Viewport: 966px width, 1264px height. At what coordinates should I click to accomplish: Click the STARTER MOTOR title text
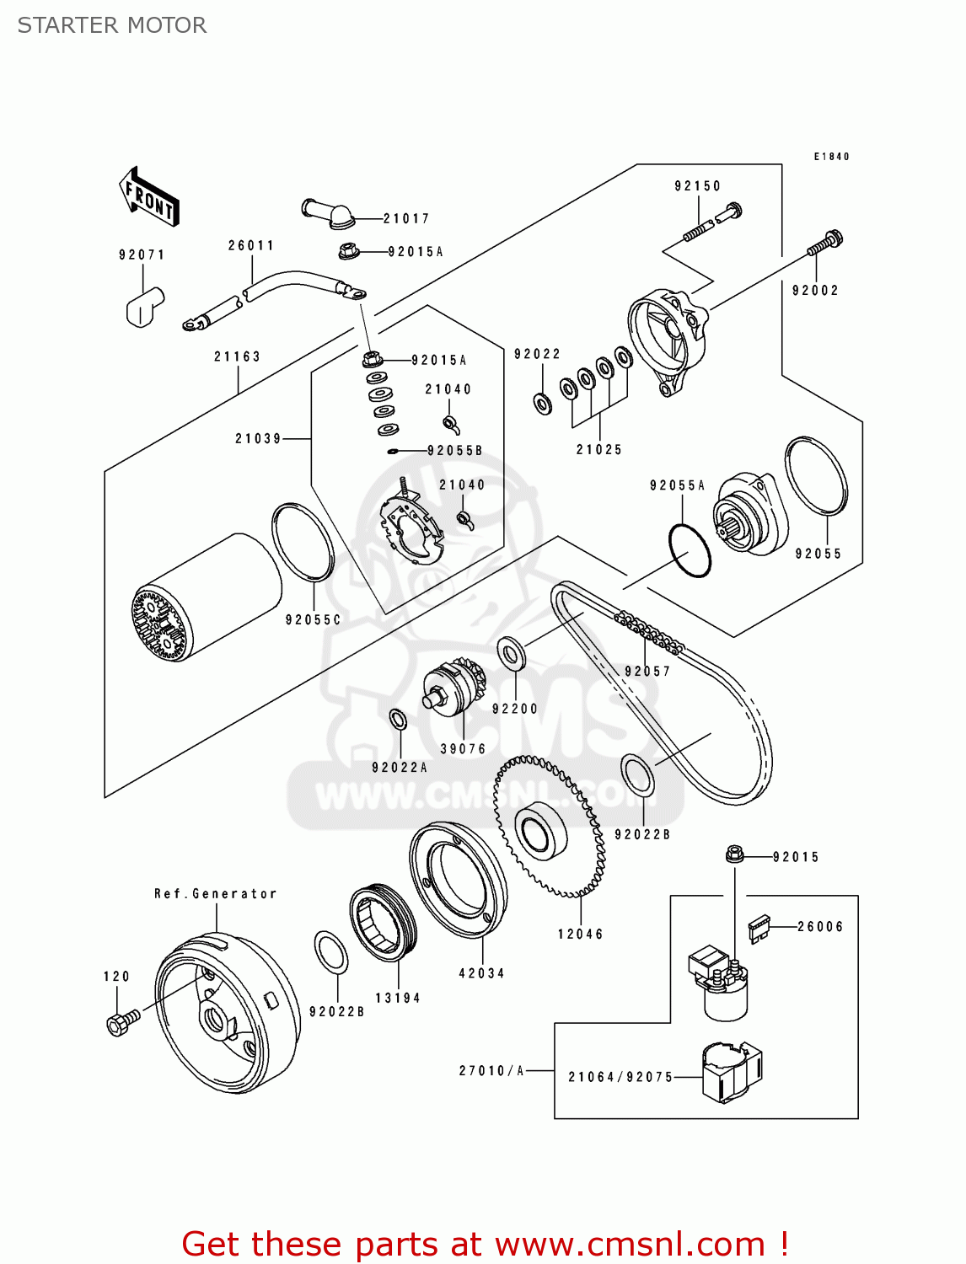(x=112, y=25)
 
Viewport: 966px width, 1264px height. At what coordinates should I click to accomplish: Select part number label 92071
(x=142, y=254)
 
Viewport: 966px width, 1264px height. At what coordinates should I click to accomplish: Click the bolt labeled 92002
(x=825, y=244)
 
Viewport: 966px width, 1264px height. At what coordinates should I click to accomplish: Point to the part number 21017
(x=406, y=218)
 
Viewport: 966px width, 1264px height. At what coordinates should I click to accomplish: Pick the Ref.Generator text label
(x=215, y=893)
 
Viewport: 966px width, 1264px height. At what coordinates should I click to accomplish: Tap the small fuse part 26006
(x=759, y=928)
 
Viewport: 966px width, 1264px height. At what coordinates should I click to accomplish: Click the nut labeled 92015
(x=734, y=855)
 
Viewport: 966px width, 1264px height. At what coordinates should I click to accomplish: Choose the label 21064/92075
(x=620, y=1077)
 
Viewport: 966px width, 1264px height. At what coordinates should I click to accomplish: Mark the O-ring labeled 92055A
(x=690, y=550)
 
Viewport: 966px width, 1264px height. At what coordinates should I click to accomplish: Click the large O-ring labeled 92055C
(x=303, y=542)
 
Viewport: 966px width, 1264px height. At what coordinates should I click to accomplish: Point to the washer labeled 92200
(x=512, y=653)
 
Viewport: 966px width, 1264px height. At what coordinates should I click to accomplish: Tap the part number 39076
(x=463, y=748)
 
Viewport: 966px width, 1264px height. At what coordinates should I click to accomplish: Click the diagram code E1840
(x=831, y=157)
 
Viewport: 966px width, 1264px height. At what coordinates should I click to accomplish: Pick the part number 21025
(x=599, y=449)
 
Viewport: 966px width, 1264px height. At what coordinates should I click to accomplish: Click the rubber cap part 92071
(x=144, y=306)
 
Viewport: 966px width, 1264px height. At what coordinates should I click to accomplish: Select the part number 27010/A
(x=491, y=1070)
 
